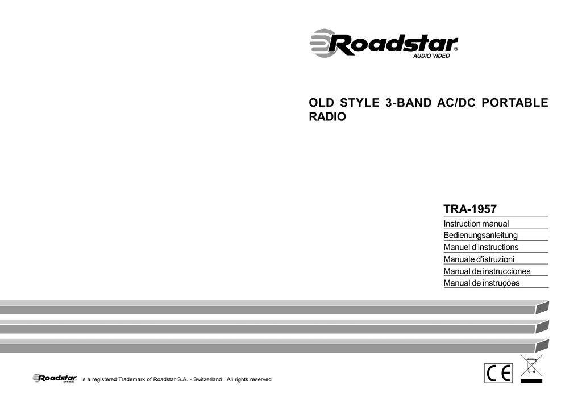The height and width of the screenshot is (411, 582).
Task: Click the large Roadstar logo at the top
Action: coord(384,43)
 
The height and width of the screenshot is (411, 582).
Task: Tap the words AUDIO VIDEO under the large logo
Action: coord(431,56)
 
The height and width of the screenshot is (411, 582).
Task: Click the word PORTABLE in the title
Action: coord(515,103)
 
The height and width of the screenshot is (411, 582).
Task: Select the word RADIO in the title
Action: coord(327,117)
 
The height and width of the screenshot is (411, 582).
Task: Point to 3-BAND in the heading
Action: coord(408,103)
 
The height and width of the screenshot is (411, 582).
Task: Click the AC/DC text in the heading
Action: coord(456,103)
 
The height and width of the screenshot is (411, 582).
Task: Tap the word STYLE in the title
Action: coord(360,103)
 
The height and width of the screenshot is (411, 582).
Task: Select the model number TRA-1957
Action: coord(470,209)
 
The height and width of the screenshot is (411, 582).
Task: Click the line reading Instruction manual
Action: coord(476,224)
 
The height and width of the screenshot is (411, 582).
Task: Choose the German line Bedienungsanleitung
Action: coord(480,236)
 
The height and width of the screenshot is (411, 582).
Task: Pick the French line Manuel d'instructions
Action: coord(481,247)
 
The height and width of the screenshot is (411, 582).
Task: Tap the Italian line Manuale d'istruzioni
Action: coord(479,259)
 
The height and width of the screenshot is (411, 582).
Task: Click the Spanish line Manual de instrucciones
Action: coord(487,271)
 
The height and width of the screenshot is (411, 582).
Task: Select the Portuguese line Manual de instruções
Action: coord(481,283)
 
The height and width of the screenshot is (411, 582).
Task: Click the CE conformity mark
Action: coord(498,373)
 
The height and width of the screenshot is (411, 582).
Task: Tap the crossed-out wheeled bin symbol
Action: coord(531,368)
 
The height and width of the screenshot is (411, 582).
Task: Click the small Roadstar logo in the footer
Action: coord(55,378)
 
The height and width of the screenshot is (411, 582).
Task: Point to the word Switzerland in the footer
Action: coord(207,380)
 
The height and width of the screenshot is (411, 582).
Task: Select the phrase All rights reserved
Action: coord(249,380)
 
